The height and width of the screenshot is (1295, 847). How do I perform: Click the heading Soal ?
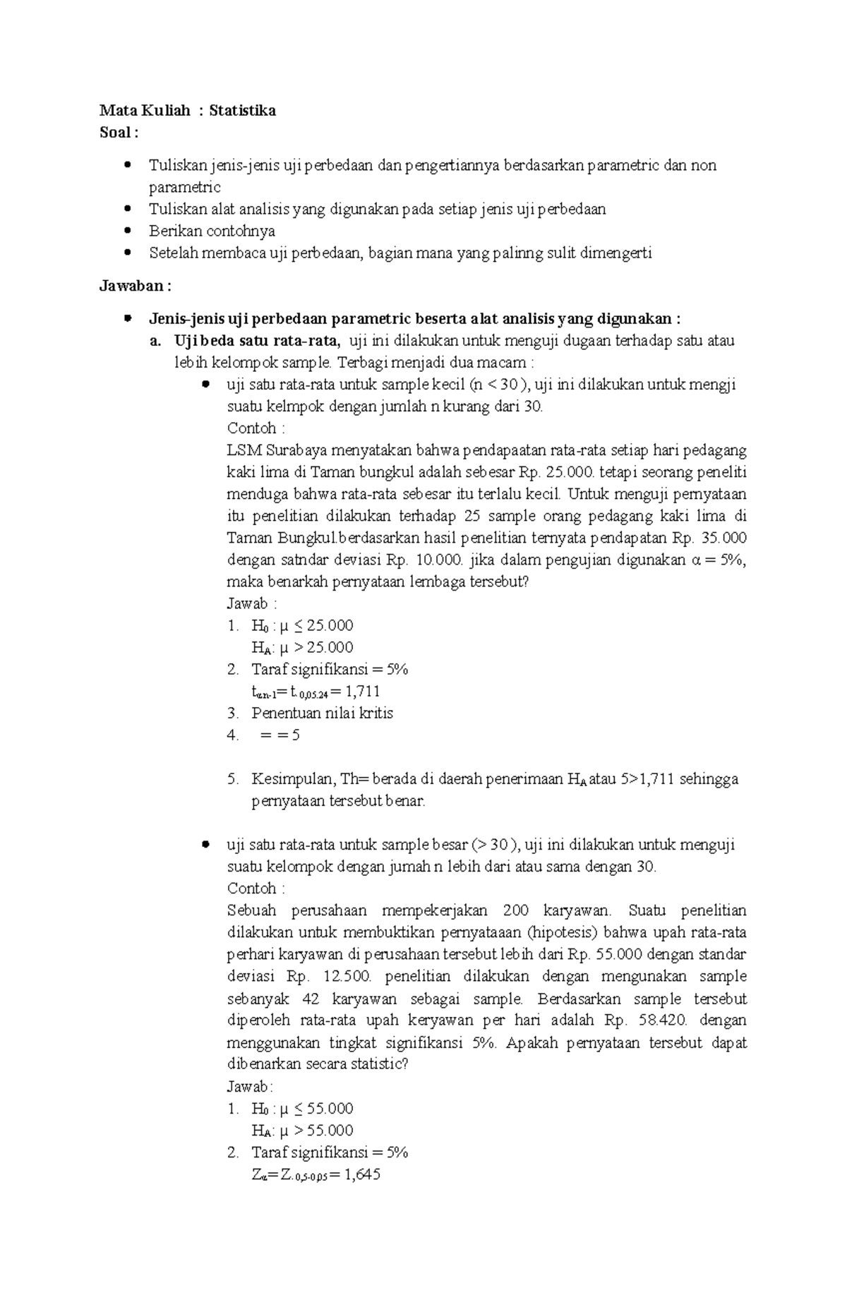click(119, 133)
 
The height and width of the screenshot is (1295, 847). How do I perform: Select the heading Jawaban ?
click(135, 286)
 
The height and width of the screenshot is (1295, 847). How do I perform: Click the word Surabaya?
click(297, 450)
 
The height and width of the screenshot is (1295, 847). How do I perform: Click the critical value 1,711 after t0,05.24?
click(363, 691)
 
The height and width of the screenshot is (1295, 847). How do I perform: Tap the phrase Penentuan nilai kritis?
click(322, 713)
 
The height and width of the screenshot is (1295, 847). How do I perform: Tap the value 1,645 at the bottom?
click(362, 1175)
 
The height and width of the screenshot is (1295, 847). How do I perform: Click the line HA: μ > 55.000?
click(302, 1131)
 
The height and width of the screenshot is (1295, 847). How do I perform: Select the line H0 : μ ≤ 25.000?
click(302, 625)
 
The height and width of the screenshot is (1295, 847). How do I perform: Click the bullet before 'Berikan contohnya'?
click(127, 231)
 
